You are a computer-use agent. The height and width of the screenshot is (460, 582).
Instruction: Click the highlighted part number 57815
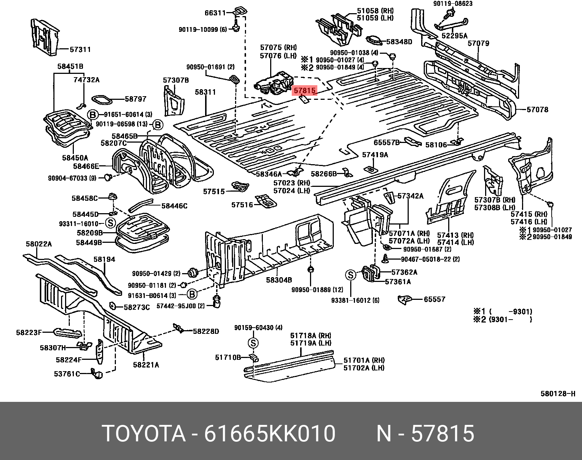click(304, 90)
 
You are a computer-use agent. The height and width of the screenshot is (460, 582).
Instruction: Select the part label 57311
click(80, 49)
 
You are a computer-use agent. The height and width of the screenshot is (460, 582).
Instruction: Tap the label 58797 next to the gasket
click(135, 99)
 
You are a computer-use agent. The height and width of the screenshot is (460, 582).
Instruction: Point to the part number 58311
click(205, 93)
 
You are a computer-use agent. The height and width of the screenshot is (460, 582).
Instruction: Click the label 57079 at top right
click(478, 44)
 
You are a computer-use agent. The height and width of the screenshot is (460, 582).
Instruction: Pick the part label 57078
click(537, 109)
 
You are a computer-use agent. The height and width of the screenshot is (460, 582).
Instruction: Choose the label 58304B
click(279, 280)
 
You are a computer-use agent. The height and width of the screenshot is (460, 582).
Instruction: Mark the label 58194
click(104, 259)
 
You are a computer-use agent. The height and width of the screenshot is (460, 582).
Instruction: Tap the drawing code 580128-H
click(558, 393)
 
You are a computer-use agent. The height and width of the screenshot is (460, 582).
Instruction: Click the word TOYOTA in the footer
click(144, 434)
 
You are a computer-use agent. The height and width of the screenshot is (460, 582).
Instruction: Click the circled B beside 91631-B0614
click(192, 294)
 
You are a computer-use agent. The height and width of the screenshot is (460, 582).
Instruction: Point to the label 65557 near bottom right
click(434, 299)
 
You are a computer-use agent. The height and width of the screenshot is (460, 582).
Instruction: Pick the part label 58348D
click(399, 42)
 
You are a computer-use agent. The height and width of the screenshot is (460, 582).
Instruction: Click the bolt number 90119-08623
click(453, 4)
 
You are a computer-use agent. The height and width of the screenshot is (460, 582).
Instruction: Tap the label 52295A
click(454, 36)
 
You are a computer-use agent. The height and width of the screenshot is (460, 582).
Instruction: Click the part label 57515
click(214, 191)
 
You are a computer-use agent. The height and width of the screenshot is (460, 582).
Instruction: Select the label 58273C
click(137, 307)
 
